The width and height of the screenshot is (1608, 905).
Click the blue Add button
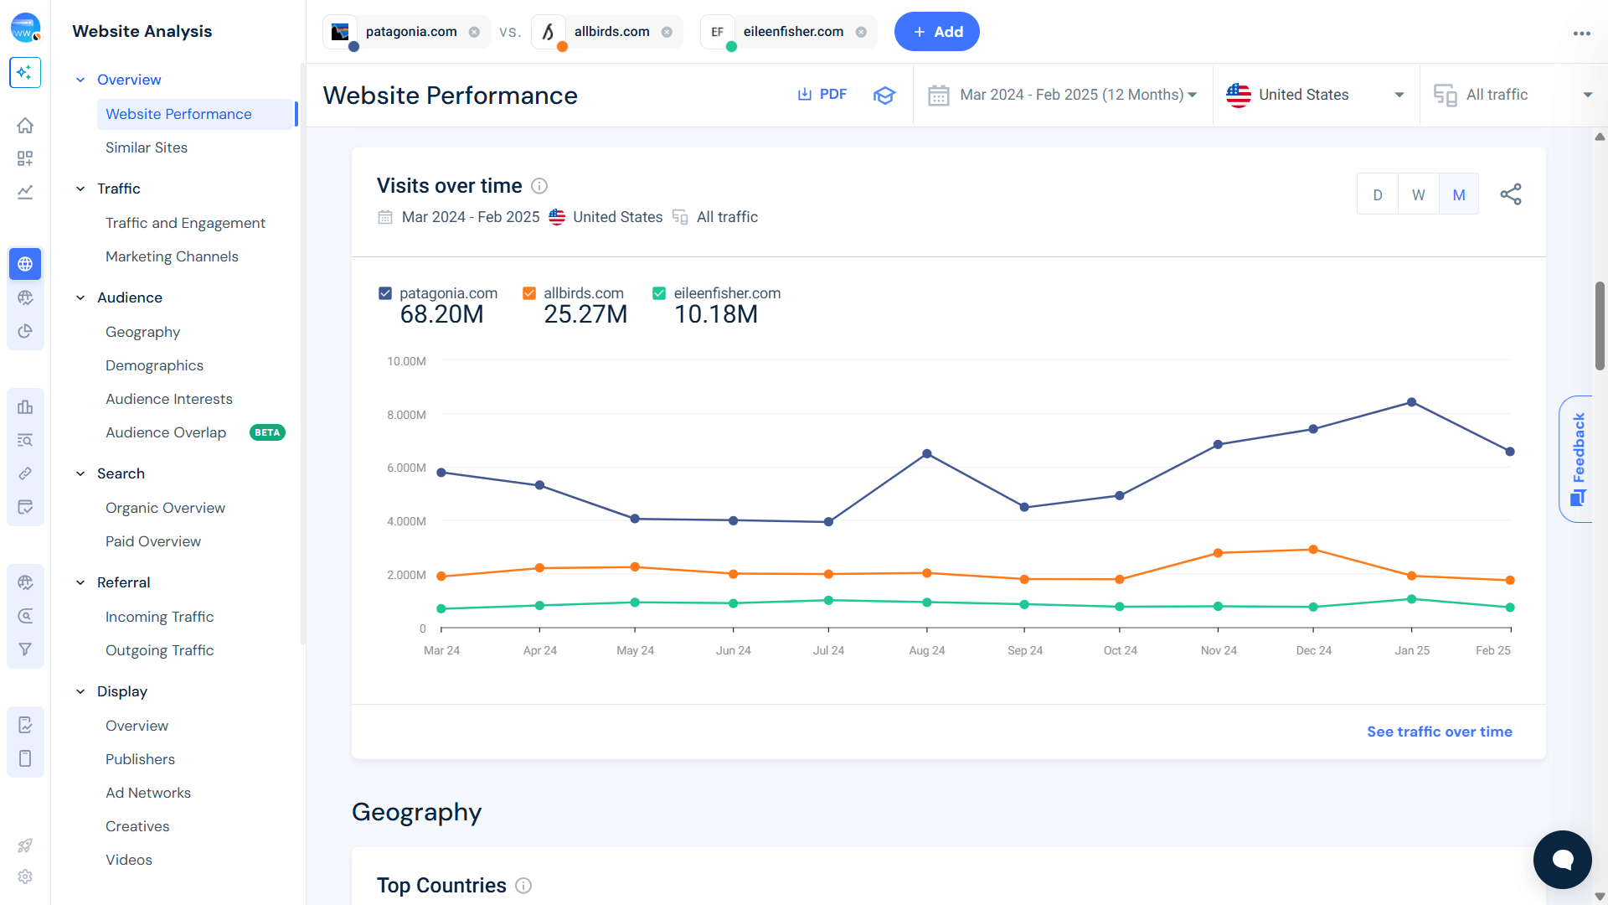[x=936, y=32]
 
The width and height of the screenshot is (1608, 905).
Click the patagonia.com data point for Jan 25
[x=1411, y=402]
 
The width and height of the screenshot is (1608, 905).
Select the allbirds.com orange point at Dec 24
[x=1312, y=550]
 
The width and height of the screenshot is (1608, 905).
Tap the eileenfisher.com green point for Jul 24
[x=828, y=600]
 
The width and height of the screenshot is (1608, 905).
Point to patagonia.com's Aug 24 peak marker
[x=926, y=453]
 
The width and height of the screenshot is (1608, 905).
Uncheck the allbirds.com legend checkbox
[x=529, y=293]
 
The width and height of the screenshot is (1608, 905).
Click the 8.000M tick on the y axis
[x=406, y=415]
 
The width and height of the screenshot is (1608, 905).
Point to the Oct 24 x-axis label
[x=1120, y=650]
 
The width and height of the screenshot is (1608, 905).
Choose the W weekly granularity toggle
[x=1418, y=194]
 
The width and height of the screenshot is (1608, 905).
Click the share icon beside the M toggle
[x=1510, y=194]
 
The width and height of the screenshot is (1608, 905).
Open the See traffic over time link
[x=1439, y=732]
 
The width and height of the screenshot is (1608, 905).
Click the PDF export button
[x=822, y=95]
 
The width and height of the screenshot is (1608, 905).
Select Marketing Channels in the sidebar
[x=172, y=256]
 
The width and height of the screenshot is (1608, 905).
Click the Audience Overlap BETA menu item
[x=166, y=432]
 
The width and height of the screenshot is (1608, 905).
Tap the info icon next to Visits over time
[x=539, y=186]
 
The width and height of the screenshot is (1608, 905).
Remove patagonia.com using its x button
[x=474, y=32]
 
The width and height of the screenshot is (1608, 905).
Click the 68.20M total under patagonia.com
[x=441, y=314]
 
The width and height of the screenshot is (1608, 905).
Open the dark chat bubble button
[x=1562, y=859]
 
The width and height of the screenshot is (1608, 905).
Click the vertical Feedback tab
[x=1578, y=458]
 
